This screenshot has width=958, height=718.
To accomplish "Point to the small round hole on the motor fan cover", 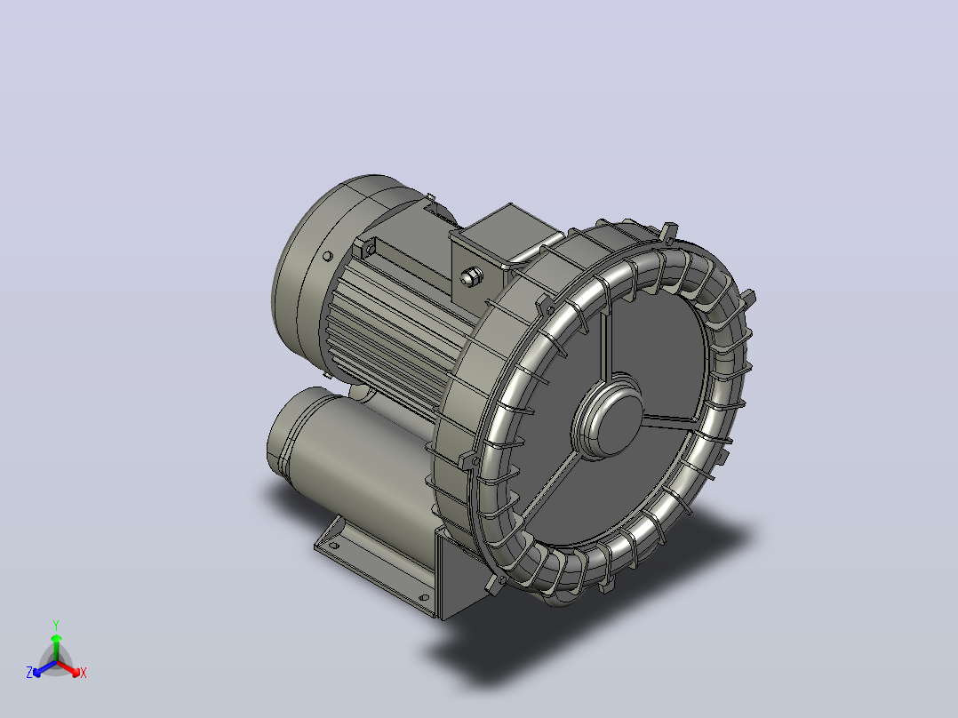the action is [327, 256].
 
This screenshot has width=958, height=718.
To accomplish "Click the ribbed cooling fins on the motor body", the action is [391, 330].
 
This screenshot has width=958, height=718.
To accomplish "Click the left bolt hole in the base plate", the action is [333, 545].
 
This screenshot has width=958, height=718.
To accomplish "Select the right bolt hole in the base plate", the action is [423, 597].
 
